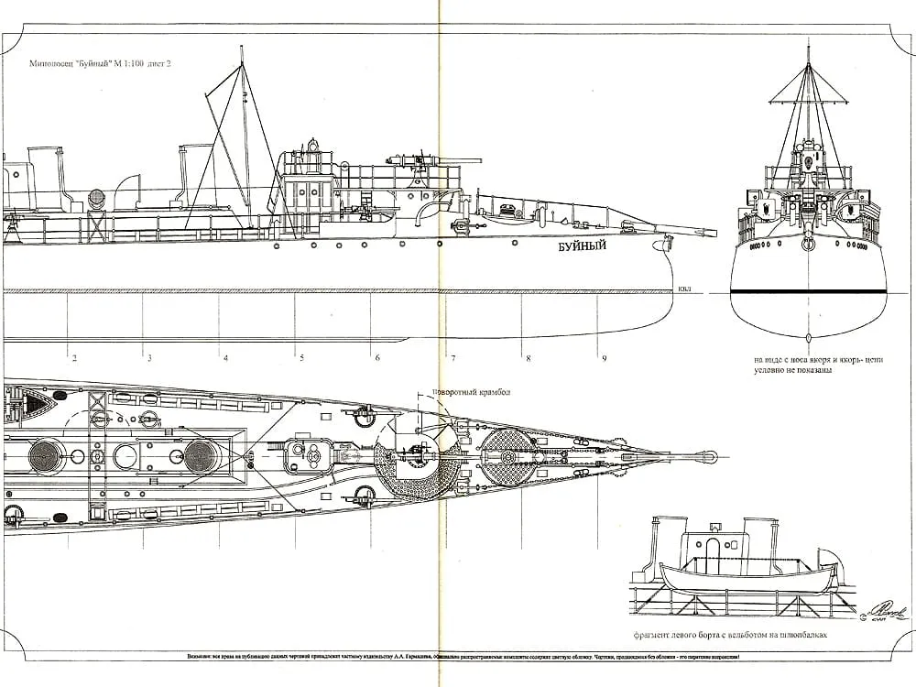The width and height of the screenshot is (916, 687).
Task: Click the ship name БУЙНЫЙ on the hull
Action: [582, 248]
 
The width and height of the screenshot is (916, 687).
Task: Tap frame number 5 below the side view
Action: [301, 358]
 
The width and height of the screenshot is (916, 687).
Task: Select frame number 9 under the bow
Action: [604, 358]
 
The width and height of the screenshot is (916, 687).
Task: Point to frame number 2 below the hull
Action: [74, 358]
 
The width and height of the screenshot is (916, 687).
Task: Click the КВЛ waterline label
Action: [684, 289]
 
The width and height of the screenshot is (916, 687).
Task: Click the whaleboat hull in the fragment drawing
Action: [747, 579]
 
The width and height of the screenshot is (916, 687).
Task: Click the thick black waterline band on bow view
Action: [807, 291]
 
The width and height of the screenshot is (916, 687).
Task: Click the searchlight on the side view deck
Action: [97, 198]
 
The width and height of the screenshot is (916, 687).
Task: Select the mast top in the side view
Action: [242, 51]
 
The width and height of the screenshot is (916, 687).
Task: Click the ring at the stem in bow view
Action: [808, 244]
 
